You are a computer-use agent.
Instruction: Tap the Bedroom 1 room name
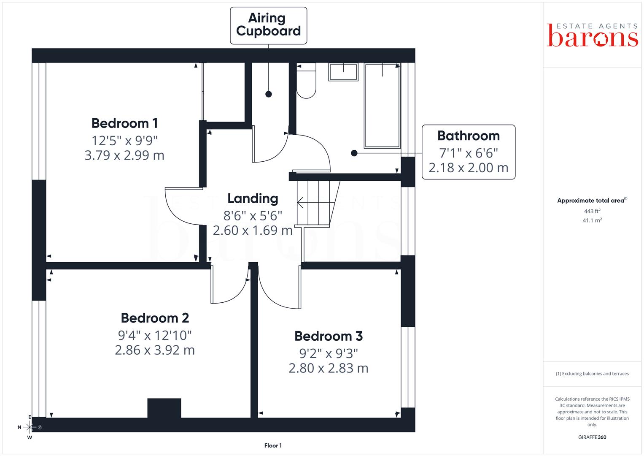coord(124,123)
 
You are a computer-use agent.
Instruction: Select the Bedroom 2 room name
coord(155,318)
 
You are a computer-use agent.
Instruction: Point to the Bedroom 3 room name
coord(328,336)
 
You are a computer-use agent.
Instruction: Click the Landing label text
coord(253,198)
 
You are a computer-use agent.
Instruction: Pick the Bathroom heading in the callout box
coord(468,136)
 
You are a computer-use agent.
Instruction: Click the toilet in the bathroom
coord(306,81)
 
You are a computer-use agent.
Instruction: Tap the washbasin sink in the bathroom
coord(343,72)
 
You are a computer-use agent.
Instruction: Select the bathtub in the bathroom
coord(383,106)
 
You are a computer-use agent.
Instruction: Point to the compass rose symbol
coord(30,427)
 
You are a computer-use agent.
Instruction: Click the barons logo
coord(592,35)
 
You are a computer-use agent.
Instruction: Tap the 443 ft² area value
coord(592,211)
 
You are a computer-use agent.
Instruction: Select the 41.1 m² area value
coord(592,220)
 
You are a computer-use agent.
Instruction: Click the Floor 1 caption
coord(273,445)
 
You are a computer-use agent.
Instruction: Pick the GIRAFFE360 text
coord(592,437)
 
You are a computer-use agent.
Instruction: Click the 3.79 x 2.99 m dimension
coord(124,155)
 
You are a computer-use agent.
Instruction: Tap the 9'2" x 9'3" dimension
coord(328,353)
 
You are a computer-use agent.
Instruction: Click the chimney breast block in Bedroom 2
coord(164,408)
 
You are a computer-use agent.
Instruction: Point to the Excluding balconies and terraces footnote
coord(592,374)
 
